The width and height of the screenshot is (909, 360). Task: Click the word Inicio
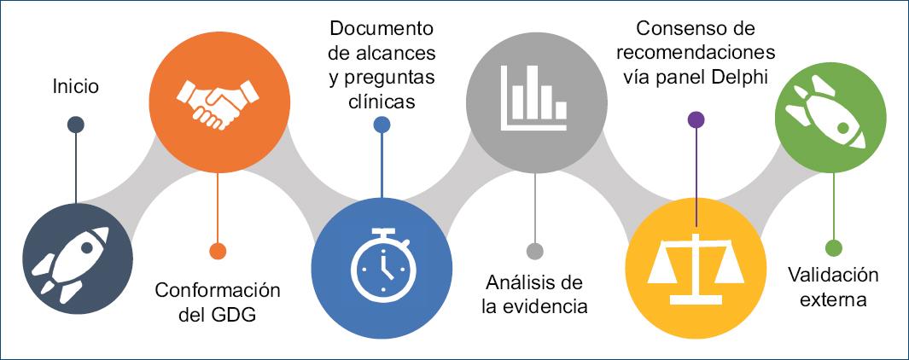tap(75, 86)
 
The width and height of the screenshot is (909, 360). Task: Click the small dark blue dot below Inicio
tap(75, 125)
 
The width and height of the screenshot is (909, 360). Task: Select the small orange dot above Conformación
tap(218, 251)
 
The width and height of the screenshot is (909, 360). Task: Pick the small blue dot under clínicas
tap(382, 125)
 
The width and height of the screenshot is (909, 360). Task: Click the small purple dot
tap(696, 119)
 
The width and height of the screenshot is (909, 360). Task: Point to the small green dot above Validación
tap(833, 248)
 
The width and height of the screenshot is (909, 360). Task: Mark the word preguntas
tap(389, 78)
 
